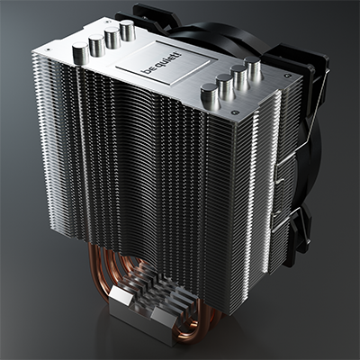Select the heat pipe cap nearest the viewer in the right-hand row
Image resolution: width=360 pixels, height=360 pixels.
tap(210, 96)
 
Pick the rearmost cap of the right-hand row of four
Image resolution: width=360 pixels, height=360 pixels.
tap(252, 69)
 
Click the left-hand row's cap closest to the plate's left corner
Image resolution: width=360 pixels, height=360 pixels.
tap(81, 53)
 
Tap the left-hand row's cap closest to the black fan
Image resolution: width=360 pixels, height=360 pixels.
tap(128, 31)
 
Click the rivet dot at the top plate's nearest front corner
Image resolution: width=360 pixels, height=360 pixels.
tap(236, 112)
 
